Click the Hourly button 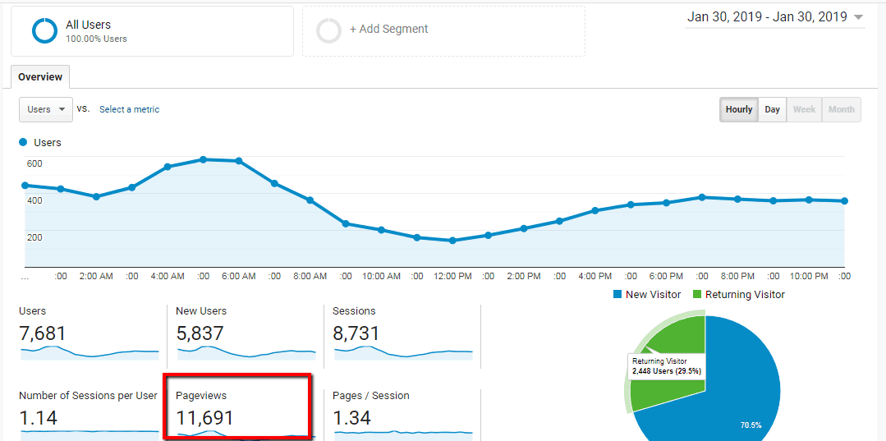(739, 109)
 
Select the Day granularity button (772, 109)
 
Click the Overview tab (40, 77)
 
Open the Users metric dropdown (45, 109)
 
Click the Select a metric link (129, 109)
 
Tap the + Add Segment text (389, 30)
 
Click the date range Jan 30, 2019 (767, 17)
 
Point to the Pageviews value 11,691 (205, 418)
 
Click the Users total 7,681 (42, 333)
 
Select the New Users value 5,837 (200, 333)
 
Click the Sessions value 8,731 (356, 333)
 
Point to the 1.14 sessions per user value (38, 418)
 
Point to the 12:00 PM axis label (452, 277)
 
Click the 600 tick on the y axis (34, 163)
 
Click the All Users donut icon (44, 31)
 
